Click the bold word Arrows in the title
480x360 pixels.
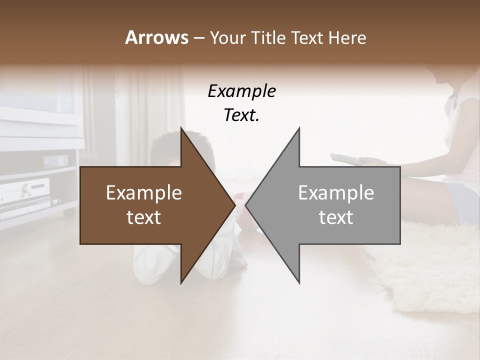point(157,37)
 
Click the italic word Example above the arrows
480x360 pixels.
point(241,91)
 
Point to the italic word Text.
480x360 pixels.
point(241,115)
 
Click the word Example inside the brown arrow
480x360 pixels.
point(144,193)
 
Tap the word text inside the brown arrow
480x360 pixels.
point(144,217)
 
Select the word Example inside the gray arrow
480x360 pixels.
point(336,193)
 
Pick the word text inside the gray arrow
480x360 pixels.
point(336,217)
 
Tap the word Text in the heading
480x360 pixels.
point(308,37)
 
